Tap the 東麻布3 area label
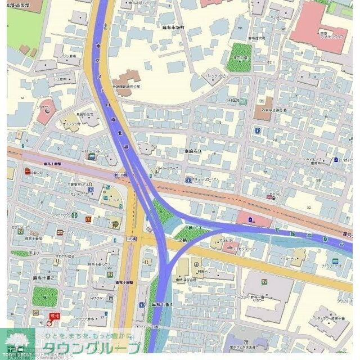[192, 151]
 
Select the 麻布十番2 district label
[43, 278]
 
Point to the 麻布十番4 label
[163, 304]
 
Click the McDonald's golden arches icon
[88, 218]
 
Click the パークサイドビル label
[217, 75]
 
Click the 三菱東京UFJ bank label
[79, 184]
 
